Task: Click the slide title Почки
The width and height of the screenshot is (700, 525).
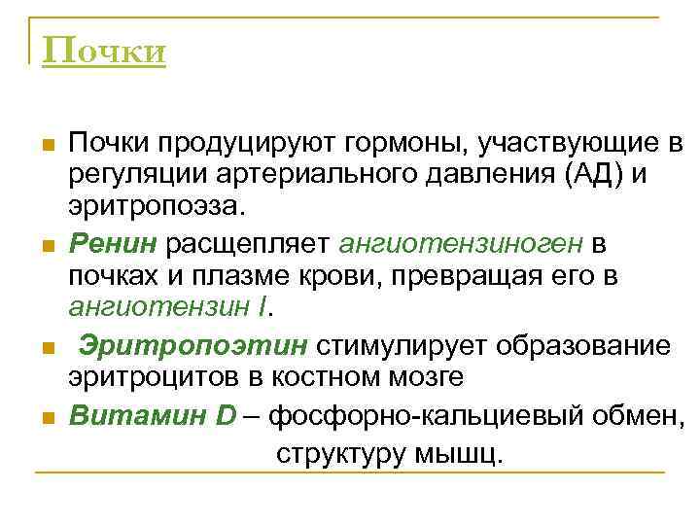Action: click(x=104, y=50)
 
